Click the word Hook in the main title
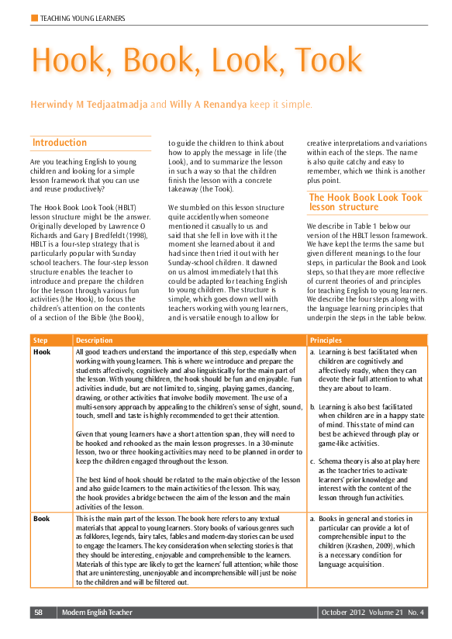(x=69, y=60)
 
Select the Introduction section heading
(x=59, y=143)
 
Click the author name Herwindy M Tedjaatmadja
(x=88, y=104)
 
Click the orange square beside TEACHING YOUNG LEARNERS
(x=33, y=17)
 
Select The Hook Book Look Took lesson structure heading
(x=365, y=202)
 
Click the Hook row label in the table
(x=42, y=352)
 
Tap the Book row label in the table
(x=42, y=518)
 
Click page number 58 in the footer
(x=39, y=613)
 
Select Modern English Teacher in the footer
(x=95, y=613)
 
